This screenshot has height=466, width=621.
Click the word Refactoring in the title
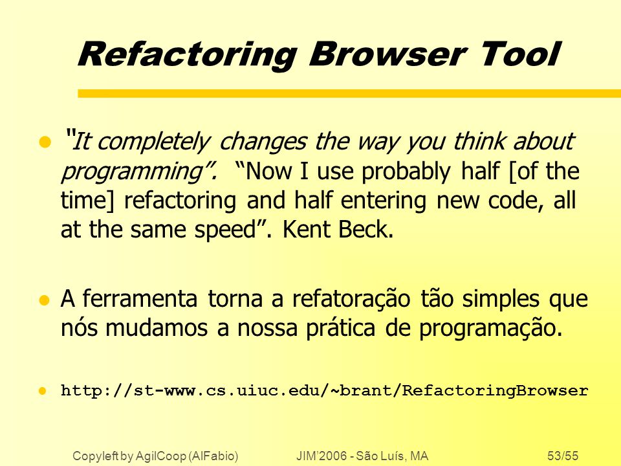point(188,55)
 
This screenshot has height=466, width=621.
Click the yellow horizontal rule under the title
point(349,93)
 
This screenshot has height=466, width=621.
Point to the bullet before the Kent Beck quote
point(45,142)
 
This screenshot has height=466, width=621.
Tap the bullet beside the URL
point(43,391)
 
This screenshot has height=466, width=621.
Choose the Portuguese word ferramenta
point(140,299)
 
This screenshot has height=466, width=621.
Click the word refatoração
point(351,300)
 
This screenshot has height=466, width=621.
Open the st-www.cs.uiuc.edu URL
point(324,391)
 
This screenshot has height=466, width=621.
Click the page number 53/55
point(563,456)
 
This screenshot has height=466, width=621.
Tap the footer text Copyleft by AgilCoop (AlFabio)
point(155,456)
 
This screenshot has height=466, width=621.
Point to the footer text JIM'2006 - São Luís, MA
point(362,456)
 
